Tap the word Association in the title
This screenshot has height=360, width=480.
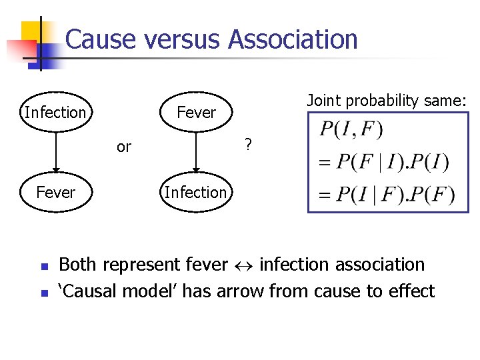pos(293,39)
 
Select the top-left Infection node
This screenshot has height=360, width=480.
pos(55,112)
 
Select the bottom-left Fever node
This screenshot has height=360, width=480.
pos(55,192)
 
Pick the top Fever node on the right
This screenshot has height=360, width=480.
pos(196,112)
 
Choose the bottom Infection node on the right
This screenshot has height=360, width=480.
pos(195,192)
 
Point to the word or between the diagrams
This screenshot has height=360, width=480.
pos(124,147)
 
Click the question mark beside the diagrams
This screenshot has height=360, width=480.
pos(247,144)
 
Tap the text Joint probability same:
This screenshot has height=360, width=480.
pos(387,101)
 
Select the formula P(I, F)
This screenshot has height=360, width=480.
pos(351,129)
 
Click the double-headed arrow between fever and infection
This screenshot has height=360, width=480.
pos(243,265)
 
